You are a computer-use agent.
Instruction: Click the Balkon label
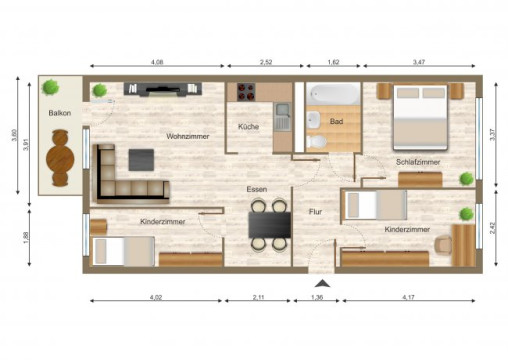click(58, 113)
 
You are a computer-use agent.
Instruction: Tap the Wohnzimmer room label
click(188, 136)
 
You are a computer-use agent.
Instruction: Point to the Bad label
click(338, 121)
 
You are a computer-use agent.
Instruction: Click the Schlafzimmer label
click(418, 161)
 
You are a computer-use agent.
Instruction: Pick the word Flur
click(316, 212)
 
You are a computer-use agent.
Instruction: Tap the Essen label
click(257, 188)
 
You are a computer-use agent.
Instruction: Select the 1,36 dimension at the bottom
click(319, 298)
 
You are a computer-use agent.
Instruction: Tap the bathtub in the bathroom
click(332, 96)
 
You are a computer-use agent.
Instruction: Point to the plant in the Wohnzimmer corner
click(99, 90)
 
